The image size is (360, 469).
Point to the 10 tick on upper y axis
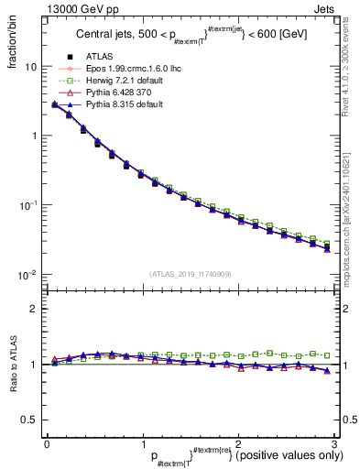[30, 67]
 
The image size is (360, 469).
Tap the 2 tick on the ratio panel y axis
[34, 309]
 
